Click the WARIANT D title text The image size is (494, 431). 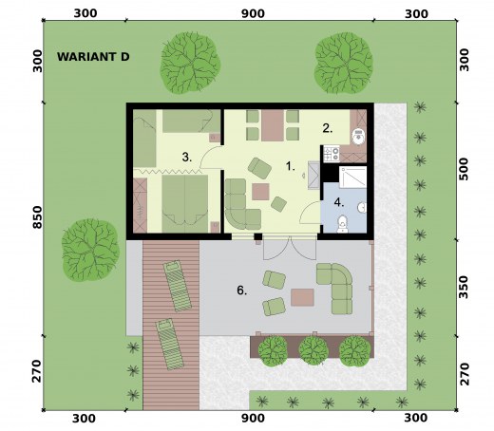[x=93, y=57]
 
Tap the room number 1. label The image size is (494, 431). [x=291, y=166]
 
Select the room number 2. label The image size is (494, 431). [x=328, y=128]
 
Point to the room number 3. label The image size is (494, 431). [x=187, y=157]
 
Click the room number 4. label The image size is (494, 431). [x=339, y=202]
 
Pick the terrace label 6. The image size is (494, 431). [x=242, y=290]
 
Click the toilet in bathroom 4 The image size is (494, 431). [x=342, y=223]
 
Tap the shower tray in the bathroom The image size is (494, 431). [x=352, y=178]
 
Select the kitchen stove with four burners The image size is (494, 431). [x=332, y=154]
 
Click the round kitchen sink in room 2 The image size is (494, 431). [x=359, y=136]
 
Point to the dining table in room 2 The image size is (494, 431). [x=273, y=125]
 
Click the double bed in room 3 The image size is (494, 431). [x=185, y=203]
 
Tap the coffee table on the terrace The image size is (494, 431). [x=302, y=297]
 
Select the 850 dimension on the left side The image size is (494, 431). [x=37, y=217]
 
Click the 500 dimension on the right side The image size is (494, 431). [x=464, y=169]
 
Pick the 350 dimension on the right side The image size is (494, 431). [x=464, y=287]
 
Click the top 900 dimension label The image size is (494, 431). [x=253, y=14]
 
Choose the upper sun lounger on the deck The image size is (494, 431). [x=178, y=286]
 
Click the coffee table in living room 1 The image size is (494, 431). [x=260, y=192]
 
